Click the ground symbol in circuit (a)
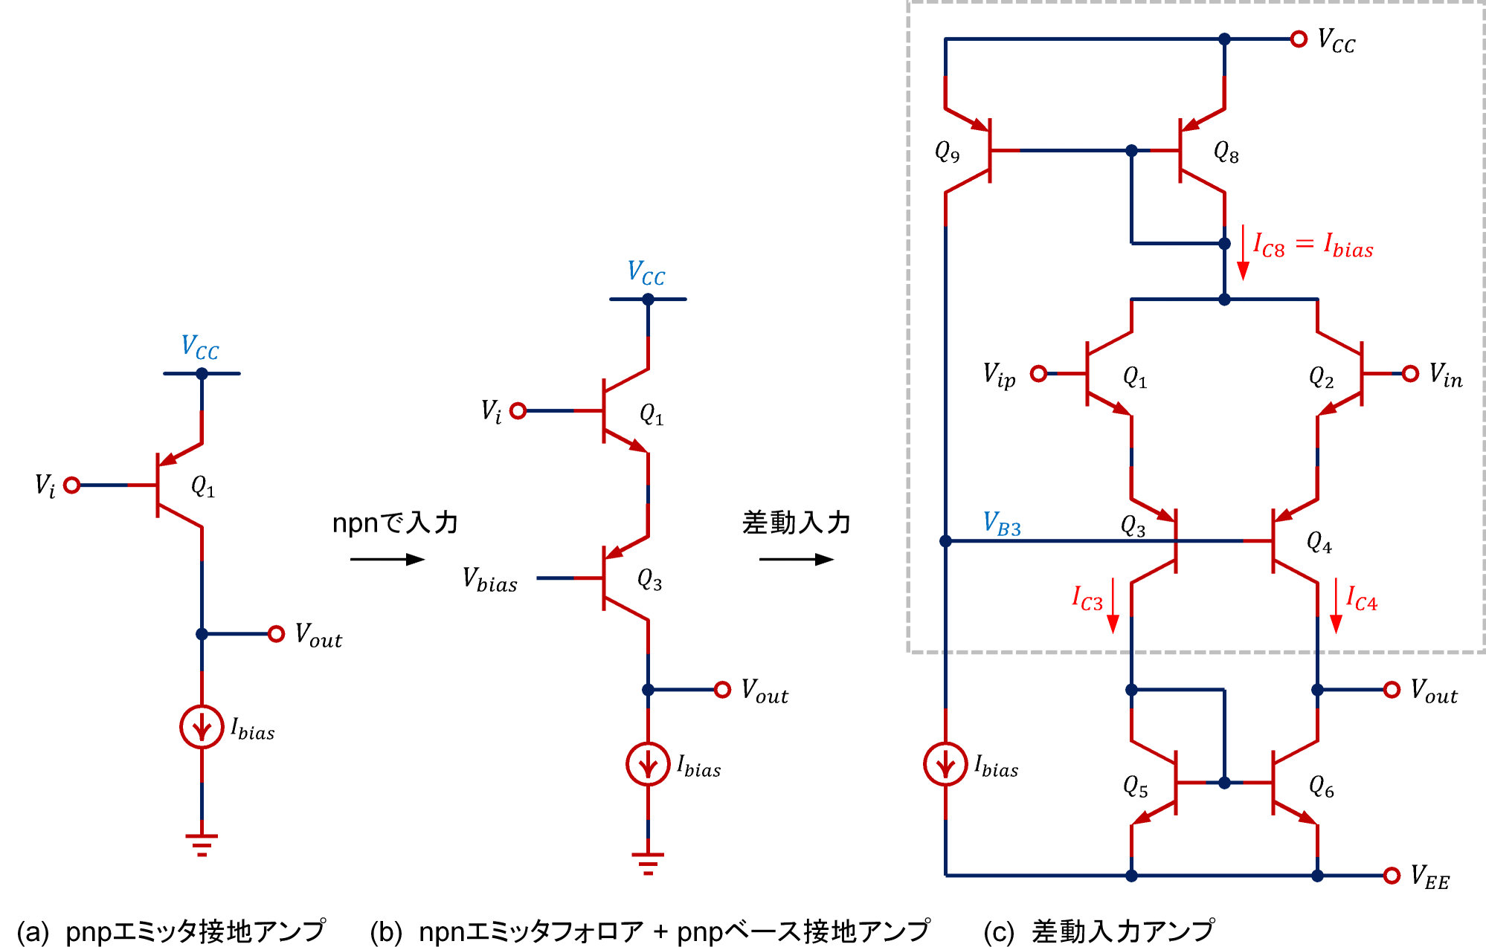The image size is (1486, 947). [202, 844]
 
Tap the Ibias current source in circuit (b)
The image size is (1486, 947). [648, 764]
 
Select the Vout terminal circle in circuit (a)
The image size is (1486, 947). [276, 634]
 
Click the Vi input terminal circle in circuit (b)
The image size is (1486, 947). [518, 410]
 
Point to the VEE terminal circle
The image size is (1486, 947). [1392, 876]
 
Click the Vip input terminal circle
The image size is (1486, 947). [1039, 373]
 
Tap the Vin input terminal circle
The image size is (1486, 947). [1410, 373]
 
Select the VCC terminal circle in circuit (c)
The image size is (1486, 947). [1299, 39]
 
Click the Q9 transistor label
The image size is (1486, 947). [947, 152]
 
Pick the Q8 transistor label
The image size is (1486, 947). [1226, 152]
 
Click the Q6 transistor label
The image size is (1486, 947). [1321, 786]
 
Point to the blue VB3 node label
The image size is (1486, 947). [1002, 523]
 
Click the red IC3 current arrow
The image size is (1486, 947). [1113, 606]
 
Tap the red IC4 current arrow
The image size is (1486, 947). [1336, 606]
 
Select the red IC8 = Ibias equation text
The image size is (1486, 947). [1313, 245]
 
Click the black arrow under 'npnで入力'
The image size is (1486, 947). [387, 559]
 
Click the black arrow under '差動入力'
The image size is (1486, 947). [796, 559]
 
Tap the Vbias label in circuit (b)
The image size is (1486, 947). [489, 579]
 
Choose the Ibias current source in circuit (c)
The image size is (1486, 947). [945, 764]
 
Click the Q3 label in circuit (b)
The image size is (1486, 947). [649, 580]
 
